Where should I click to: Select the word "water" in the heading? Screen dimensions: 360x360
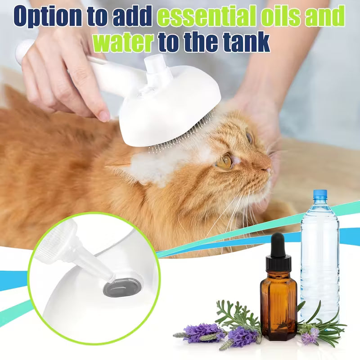(122, 42)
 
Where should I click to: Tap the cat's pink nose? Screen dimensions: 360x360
(268, 170)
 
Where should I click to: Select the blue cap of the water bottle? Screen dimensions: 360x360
(319, 194)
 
